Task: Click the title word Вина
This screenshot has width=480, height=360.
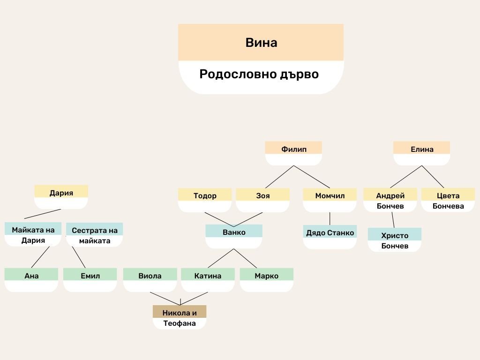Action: tap(261, 43)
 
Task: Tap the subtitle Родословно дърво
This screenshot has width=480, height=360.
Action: tap(259, 74)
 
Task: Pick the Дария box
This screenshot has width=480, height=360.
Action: tap(61, 193)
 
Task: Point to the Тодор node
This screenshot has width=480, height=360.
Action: tap(205, 196)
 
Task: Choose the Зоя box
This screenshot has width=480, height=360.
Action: tap(262, 196)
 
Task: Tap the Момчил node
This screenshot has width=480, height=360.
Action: tap(330, 196)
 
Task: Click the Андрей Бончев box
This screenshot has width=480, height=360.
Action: tap(390, 200)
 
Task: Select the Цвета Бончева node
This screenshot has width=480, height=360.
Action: tap(448, 200)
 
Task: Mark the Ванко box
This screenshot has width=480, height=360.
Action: tap(234, 233)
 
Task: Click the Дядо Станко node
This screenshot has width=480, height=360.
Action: tap(330, 233)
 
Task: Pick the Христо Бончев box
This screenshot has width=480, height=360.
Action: tap(394, 240)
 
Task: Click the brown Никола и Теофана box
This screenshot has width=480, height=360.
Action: tap(180, 317)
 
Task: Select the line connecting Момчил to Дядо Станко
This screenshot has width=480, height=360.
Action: tap(330, 218)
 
